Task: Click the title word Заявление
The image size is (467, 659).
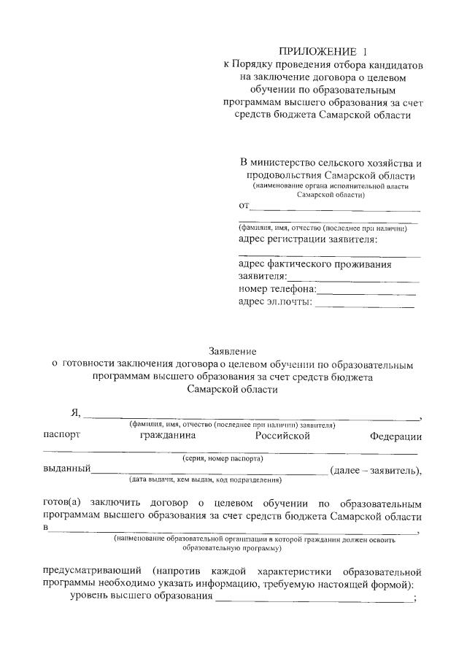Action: coord(233,351)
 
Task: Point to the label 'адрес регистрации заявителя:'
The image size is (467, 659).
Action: coord(313,239)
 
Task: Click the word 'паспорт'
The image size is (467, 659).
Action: coord(62,436)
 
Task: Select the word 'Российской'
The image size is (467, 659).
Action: coord(283,436)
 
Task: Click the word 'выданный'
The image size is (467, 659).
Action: coord(67,469)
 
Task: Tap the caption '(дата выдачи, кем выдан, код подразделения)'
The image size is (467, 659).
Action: coord(204,480)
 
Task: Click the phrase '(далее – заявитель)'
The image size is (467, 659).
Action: coord(375,470)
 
